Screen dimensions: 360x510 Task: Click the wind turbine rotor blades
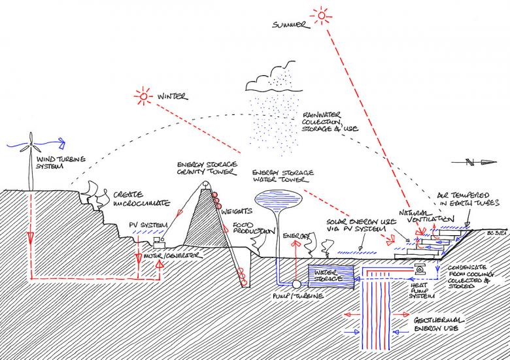coord(31,141)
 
